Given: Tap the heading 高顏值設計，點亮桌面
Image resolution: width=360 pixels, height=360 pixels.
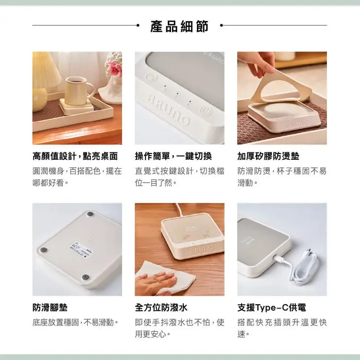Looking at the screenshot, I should coord(75,157).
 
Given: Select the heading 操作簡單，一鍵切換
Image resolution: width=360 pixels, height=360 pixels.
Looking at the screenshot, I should coord(174,157).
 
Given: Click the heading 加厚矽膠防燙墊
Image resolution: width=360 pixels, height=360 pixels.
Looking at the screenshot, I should coord(268,157).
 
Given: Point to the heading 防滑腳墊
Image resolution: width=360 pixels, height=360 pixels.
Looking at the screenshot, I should coord(50,308).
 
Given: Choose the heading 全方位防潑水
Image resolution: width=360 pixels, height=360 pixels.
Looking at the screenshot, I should coord(161,308).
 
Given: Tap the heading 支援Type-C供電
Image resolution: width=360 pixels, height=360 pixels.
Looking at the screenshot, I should coord(271,308).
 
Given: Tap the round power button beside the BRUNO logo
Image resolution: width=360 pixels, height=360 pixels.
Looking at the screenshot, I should coord(205,113).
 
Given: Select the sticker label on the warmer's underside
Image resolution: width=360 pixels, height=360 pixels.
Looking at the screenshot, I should coord(79,247).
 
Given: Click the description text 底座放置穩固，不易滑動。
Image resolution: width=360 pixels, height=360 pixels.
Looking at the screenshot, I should coord(75,323).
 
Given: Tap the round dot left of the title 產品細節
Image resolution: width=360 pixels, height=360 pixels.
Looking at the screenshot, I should coord(139,25).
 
